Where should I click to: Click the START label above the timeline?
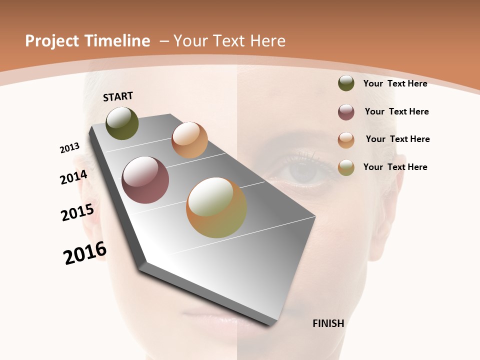point(118,96)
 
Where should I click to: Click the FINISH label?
point(328,323)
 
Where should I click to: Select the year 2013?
point(70,148)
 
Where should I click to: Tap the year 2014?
point(74,177)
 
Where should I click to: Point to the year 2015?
point(77,212)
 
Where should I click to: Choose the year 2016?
point(85,253)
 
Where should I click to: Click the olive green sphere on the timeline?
point(122,123)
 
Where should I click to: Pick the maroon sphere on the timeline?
point(145,180)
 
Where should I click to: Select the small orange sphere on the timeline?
point(189,139)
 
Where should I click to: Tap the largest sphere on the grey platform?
point(216,207)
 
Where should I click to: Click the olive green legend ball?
point(346,83)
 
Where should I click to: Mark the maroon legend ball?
point(346,112)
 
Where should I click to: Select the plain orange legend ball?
point(346,140)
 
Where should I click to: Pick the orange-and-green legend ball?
point(346,167)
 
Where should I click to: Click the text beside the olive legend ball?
point(395,83)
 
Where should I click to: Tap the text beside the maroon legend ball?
point(396,111)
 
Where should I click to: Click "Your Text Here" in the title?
point(229,41)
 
